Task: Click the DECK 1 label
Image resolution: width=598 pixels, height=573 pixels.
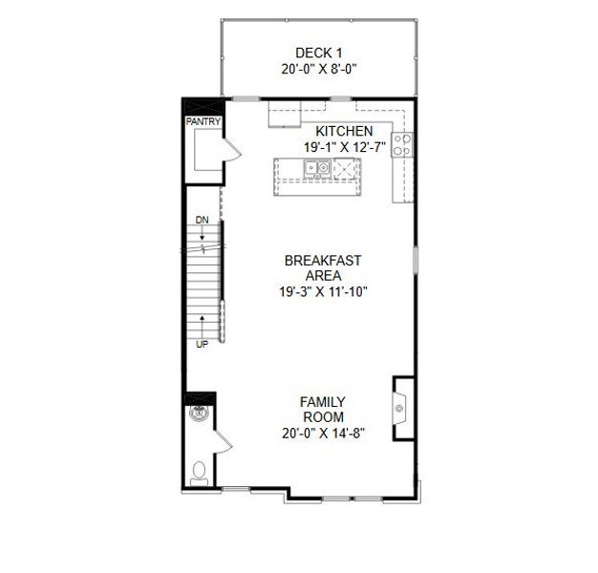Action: pos(318,53)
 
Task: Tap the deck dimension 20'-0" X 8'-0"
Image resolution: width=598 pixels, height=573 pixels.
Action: pos(319,69)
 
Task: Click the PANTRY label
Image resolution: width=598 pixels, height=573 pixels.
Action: pos(203,121)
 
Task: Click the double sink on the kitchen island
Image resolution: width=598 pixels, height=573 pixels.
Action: pos(318,169)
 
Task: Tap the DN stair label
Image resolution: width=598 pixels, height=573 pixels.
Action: pos(202,221)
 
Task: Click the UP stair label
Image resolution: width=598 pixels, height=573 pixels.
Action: pos(202,343)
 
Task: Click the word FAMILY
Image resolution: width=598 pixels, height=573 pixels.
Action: pos(323,402)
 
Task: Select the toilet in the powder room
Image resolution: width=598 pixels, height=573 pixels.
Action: pos(199,473)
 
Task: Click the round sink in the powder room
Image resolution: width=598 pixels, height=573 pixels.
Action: pos(201,415)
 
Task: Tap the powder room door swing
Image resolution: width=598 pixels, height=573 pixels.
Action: pos(223,443)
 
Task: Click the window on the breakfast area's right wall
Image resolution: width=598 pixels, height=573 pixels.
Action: pos(416,261)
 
